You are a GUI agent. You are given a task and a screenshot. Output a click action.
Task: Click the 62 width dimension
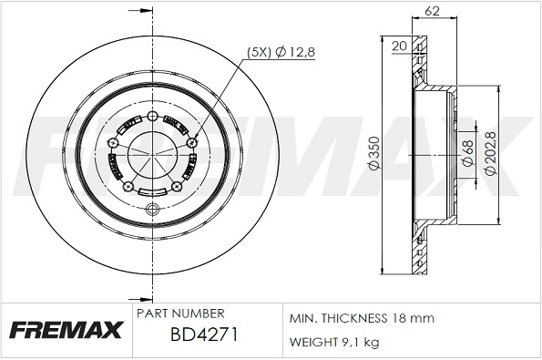coord(434,13)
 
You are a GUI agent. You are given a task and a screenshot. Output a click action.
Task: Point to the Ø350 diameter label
coord(373,156)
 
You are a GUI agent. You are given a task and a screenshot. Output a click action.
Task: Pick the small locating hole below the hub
coord(152,211)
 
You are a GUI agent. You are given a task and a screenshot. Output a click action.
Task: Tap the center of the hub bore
coord(151,156)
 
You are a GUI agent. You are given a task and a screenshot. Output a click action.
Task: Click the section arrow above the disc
coord(141,11)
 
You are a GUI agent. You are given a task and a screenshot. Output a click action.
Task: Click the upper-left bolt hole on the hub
coord(112,142)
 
